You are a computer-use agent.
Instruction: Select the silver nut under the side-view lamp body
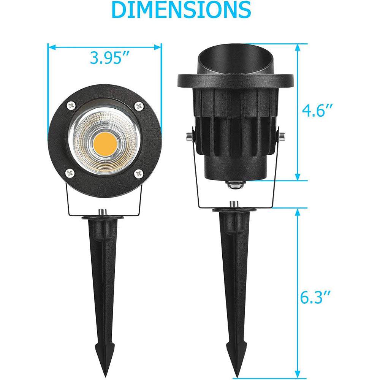[233, 185]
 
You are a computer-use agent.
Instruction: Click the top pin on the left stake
[103, 211]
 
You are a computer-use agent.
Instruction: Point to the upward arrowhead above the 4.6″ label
[298, 47]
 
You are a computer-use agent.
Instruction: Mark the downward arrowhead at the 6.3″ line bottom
[298, 374]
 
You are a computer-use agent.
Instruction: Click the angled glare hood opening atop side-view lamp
[236, 57]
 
